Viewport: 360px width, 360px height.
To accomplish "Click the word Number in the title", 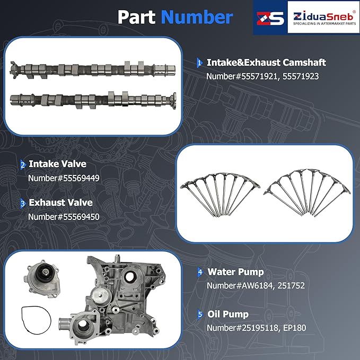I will click(197, 17).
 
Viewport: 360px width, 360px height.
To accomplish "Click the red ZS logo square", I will click(270, 17).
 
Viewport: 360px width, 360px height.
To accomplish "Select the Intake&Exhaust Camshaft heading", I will click(266, 63).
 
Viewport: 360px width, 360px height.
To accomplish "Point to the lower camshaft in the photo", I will click(93, 99).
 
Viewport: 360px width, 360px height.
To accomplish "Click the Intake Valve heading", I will click(57, 164).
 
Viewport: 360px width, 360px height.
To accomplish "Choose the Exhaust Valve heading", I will click(60, 203).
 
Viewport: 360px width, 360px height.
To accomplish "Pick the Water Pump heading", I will click(235, 272).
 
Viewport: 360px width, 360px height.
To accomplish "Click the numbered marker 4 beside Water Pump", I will click(200, 273).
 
